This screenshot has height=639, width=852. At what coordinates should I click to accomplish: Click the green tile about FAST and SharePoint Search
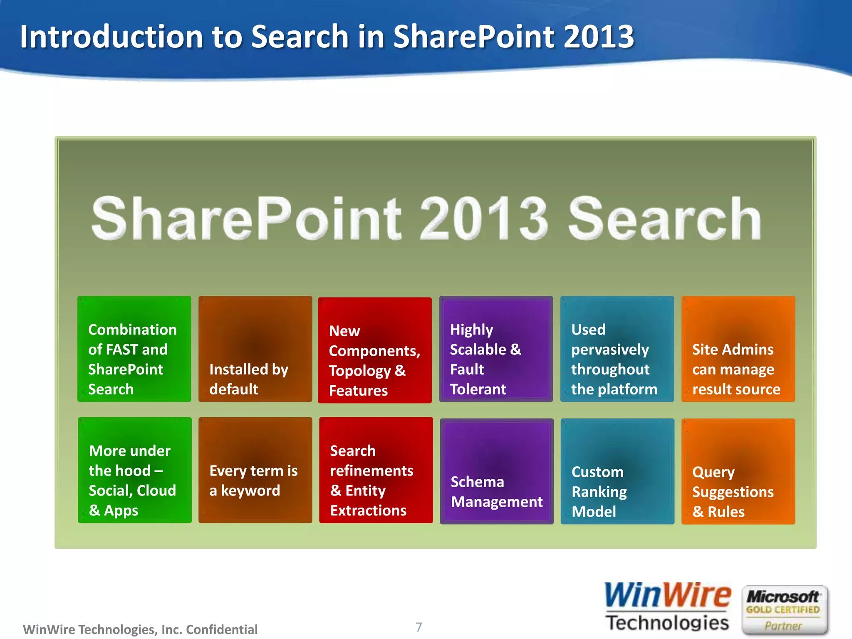click(134, 349)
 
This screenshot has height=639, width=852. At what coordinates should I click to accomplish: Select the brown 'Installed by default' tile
click(255, 349)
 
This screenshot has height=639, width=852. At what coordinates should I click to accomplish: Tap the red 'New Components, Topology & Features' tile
click(374, 350)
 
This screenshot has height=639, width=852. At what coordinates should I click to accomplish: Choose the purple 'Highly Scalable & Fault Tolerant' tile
click(496, 349)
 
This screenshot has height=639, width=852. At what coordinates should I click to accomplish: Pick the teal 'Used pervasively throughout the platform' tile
click(617, 349)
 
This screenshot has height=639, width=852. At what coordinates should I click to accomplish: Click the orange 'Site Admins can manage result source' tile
click(738, 349)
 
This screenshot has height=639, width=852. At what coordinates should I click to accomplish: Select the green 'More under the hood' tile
click(135, 470)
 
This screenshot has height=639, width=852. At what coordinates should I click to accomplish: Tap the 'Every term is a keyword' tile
click(255, 470)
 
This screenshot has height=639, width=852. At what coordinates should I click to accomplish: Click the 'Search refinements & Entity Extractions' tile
click(376, 470)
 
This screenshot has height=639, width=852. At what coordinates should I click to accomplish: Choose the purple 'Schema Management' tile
click(497, 471)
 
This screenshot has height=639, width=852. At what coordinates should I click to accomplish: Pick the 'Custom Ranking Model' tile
click(617, 471)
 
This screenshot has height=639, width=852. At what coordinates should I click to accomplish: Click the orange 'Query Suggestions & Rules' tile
click(738, 471)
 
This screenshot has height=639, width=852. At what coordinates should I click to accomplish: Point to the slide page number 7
click(419, 627)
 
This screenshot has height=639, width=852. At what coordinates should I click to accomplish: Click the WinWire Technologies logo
click(667, 607)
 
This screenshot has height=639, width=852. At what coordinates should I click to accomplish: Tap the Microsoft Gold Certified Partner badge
click(784, 610)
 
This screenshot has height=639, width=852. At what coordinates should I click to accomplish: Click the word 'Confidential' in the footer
click(221, 629)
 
